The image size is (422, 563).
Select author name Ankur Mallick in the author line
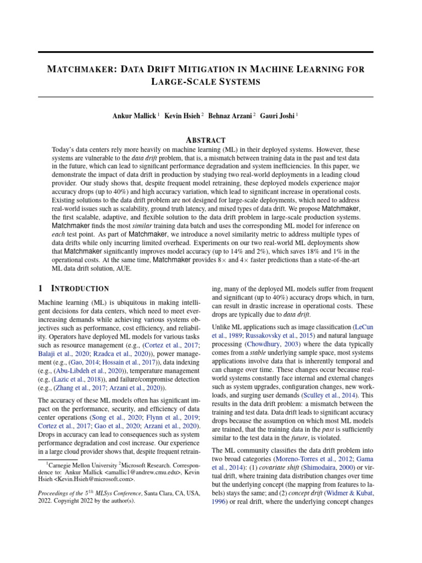pos(134,116)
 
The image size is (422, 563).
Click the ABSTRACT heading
pos(206,140)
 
